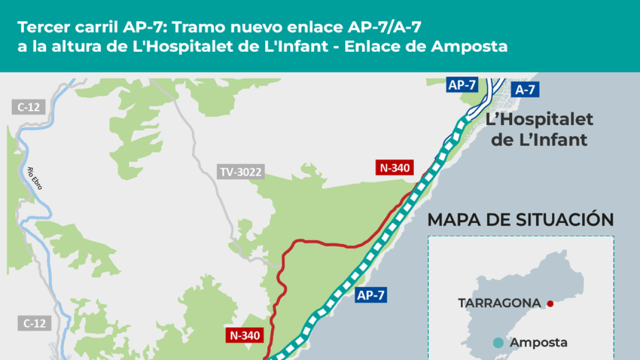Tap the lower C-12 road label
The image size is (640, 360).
pos(35,323)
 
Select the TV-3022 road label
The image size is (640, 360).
pos(241,172)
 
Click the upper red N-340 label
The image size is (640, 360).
pos(395,167)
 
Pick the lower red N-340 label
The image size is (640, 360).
pos(245,335)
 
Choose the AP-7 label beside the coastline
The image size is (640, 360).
pos(370,294)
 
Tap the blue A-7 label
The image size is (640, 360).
pos(525,90)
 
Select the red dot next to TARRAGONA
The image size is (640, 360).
pos(550,303)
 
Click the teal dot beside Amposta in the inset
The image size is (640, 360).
pos(498,343)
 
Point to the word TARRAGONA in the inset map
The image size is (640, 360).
pos(499,303)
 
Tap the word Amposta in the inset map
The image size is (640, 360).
pos(539,343)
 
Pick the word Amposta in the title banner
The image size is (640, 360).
pos(469,46)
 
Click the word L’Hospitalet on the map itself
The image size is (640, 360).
pos(539,119)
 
